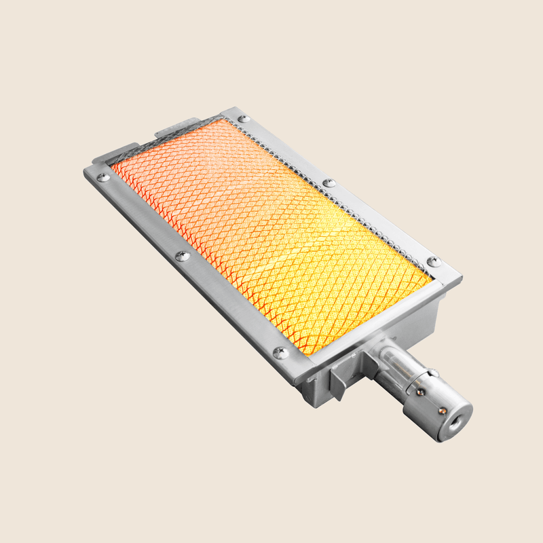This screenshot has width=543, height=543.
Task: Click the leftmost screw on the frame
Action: click(102, 177)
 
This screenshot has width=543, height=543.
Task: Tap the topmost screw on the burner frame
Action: click(244, 119)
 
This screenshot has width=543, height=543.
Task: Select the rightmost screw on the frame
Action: click(434, 261)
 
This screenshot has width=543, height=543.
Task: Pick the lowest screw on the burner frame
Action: click(280, 352)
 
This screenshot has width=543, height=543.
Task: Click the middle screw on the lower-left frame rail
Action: click(182, 256)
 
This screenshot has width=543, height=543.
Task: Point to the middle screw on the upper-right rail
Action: click(329, 183)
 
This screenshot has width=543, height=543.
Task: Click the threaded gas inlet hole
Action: click(453, 422)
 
